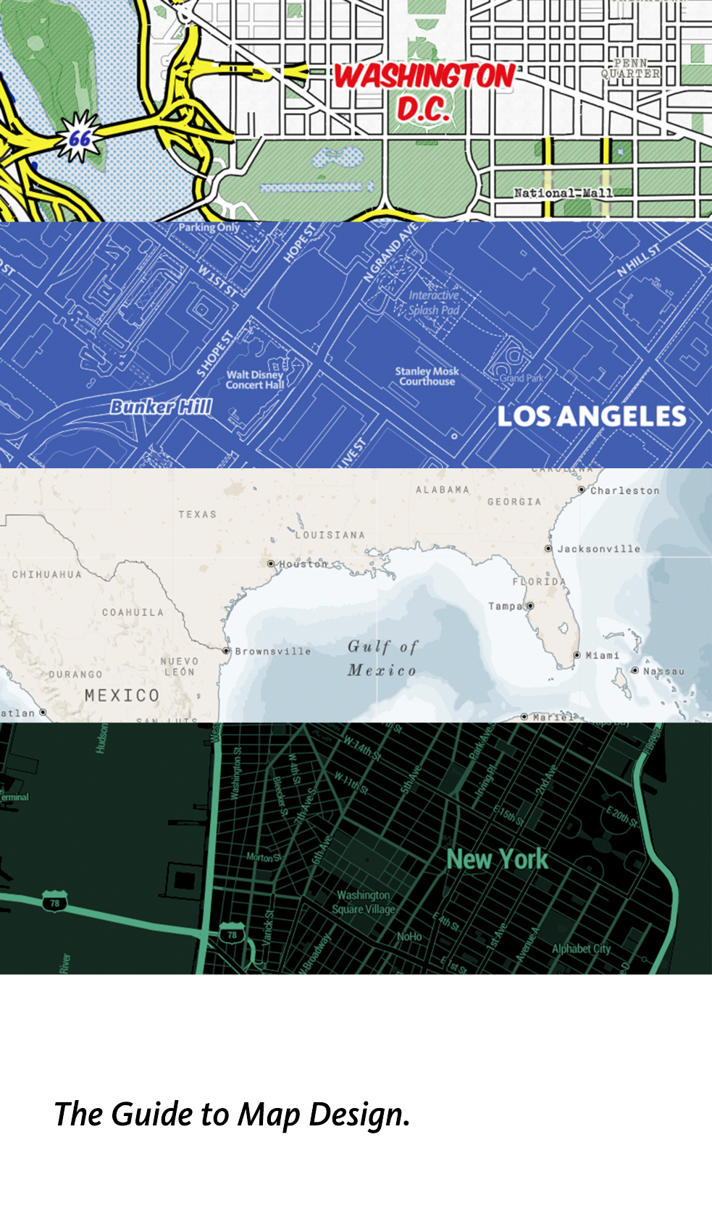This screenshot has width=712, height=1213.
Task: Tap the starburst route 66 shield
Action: (80, 137)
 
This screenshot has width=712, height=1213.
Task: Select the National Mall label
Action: (563, 193)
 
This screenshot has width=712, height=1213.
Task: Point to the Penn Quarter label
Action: (631, 69)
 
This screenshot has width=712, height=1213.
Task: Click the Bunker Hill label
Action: (161, 407)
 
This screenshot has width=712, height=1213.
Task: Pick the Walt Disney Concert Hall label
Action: (254, 380)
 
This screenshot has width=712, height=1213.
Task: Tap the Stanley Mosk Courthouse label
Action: (427, 376)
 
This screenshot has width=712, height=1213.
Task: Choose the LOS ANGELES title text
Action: (591, 416)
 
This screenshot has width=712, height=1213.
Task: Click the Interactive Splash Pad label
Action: (434, 303)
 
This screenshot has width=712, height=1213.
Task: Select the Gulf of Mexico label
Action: (382, 658)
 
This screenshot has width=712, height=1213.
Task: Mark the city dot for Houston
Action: (271, 564)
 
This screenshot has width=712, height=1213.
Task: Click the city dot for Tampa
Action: (530, 606)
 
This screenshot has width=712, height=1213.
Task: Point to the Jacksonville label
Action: (598, 549)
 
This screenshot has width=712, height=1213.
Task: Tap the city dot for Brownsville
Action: (227, 651)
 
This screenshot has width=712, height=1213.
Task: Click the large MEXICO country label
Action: (122, 696)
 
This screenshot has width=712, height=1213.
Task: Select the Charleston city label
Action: (624, 491)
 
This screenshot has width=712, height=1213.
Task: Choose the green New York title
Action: (497, 859)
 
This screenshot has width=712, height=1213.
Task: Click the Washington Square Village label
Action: (364, 903)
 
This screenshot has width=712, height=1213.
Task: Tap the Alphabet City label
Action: (581, 949)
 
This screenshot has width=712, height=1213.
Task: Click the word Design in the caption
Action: (359, 1115)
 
